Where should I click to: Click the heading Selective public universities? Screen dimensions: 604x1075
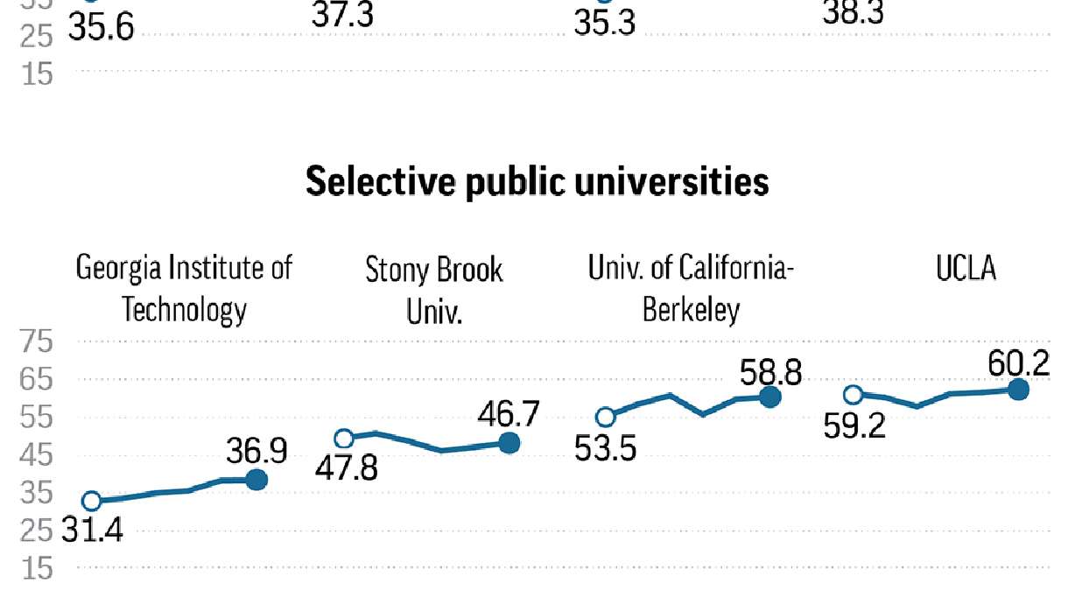(537, 182)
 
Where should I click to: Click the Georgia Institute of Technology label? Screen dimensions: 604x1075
(185, 288)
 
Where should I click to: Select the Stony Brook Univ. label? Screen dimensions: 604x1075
(434, 290)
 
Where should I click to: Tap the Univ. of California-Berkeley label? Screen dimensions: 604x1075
(692, 288)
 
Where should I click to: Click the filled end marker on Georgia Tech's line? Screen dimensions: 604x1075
(256, 480)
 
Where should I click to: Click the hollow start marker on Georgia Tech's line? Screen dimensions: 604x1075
(91, 502)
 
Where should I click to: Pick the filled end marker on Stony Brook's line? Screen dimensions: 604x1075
(509, 443)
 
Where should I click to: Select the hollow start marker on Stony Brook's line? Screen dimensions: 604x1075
(344, 439)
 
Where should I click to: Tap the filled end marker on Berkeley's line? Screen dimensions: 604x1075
(769, 397)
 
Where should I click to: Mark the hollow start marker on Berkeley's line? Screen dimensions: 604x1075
(605, 417)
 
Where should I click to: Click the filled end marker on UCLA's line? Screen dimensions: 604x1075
(1018, 390)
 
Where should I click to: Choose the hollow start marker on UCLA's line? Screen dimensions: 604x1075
(854, 395)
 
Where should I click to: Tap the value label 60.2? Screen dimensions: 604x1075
(1018, 362)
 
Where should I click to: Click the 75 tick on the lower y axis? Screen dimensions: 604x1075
(38, 343)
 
